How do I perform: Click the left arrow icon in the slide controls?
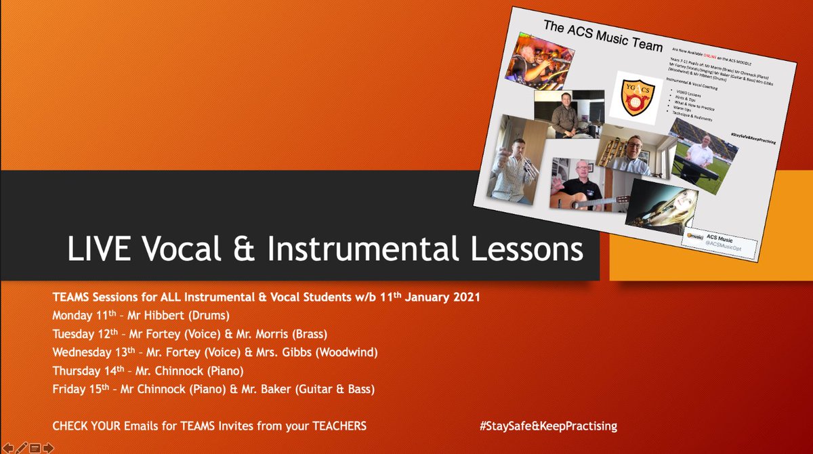click(x=7, y=447)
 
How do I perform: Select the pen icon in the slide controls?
click(x=21, y=447)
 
